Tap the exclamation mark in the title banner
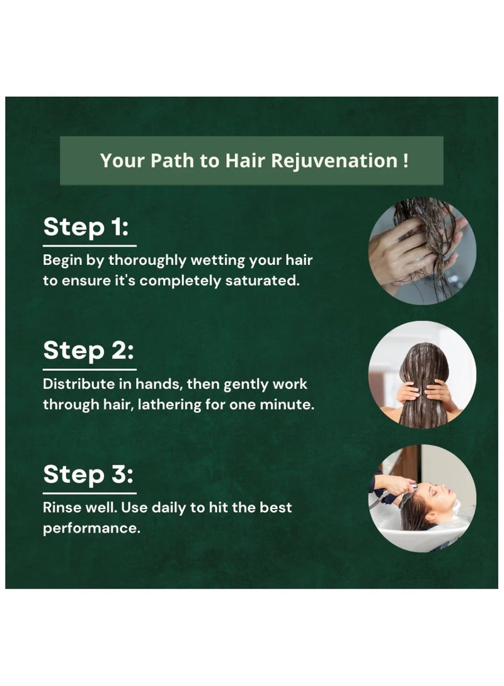tap(404, 160)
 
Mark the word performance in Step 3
tap(91, 529)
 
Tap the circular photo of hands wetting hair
tap(422, 251)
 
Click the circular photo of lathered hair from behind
tap(422, 374)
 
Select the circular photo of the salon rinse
tap(422, 498)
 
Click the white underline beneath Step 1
tap(89, 245)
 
